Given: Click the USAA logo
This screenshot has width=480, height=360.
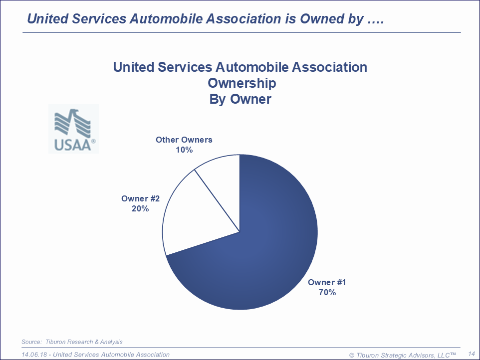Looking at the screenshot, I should coord(74,129).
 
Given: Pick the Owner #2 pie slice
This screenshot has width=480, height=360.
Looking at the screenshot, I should coord(200,214).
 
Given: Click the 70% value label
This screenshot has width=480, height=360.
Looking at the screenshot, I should coord(327,292).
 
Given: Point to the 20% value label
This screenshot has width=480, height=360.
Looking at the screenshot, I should coord(140,208).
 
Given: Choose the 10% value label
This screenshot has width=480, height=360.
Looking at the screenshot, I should coord(184,150).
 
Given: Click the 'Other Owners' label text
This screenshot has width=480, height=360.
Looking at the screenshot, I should coord(184,140).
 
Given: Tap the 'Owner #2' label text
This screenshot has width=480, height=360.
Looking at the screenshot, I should coord(140,198).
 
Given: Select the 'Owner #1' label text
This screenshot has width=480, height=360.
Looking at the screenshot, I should coord(327,282).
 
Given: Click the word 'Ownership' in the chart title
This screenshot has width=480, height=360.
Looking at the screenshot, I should coord(241,82).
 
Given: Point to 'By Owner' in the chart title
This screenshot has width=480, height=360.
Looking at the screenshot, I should coord(240,99).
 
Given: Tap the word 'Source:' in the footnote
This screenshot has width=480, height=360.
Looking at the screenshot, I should coord(32,342).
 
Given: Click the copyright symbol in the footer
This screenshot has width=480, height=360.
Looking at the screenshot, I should coord(352,355).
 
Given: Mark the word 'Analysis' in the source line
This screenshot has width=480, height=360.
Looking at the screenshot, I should coord(111,342).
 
